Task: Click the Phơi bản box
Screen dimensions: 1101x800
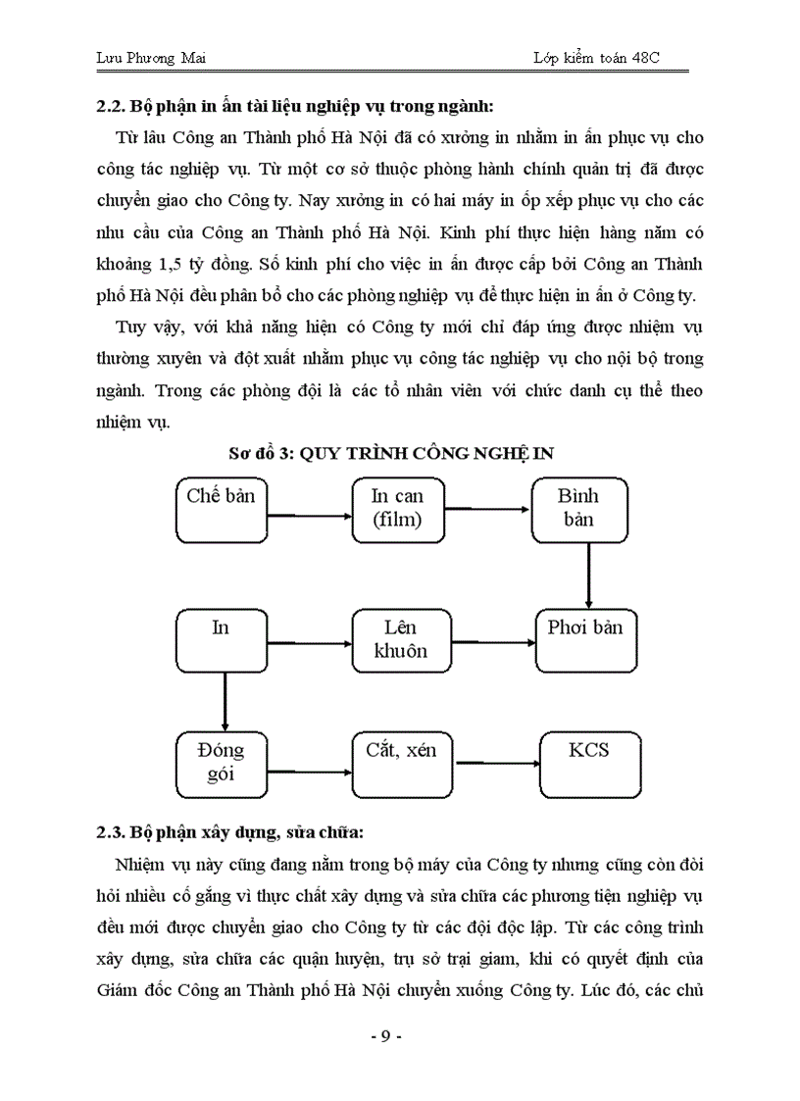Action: (x=585, y=640)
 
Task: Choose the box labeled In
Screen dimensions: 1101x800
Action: (x=221, y=640)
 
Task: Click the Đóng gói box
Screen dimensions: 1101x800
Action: (x=221, y=765)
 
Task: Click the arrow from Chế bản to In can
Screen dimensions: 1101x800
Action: (x=309, y=515)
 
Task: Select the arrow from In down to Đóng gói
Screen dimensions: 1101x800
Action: (x=225, y=701)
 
